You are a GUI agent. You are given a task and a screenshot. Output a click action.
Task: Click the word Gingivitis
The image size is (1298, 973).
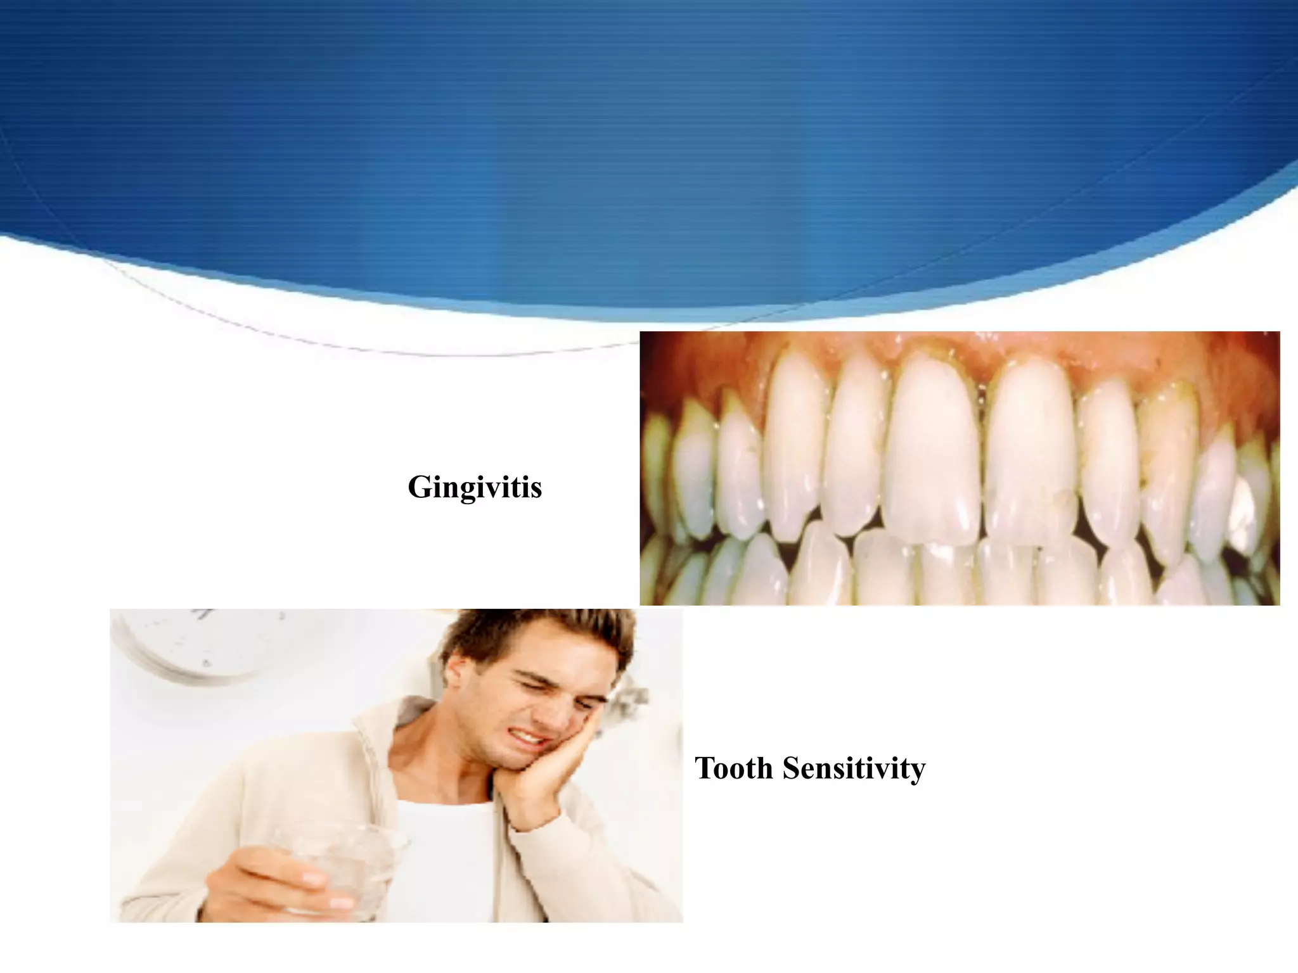(x=475, y=487)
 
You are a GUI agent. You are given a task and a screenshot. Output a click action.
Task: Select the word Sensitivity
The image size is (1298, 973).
(x=854, y=768)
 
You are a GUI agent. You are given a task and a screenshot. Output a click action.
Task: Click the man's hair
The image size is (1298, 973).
(x=545, y=640)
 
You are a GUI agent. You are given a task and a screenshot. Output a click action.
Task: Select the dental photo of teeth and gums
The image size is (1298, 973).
(x=959, y=468)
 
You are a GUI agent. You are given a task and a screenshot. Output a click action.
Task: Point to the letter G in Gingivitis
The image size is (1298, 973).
(x=421, y=487)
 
